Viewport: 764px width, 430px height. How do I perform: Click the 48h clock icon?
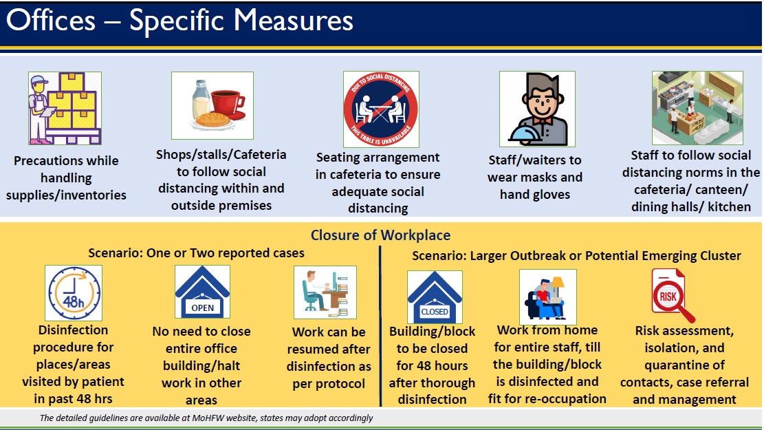(x=74, y=293)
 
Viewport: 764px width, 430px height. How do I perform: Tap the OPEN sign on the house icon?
(x=202, y=308)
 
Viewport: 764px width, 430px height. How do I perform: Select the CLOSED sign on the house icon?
(x=435, y=312)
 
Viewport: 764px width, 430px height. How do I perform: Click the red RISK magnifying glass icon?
(x=672, y=296)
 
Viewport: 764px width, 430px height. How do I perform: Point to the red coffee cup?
(x=226, y=102)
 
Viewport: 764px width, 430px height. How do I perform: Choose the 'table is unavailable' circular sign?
(x=381, y=109)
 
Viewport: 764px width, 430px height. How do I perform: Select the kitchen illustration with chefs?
(x=697, y=108)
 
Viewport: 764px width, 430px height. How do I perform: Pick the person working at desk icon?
(x=325, y=292)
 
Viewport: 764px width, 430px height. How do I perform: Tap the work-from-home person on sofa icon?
(x=547, y=297)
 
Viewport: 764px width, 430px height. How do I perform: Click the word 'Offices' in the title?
(x=51, y=21)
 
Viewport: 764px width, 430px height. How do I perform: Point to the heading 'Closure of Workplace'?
(x=380, y=235)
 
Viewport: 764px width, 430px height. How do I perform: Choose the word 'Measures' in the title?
(x=294, y=21)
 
